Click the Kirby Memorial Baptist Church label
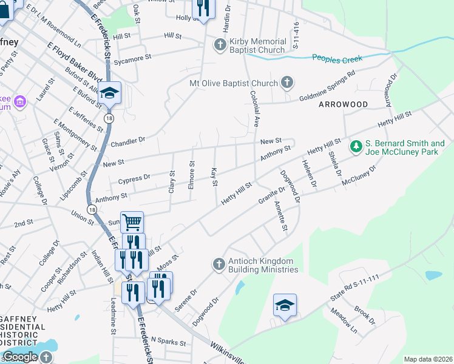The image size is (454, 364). click(257, 45)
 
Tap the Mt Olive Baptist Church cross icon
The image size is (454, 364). click(288, 83)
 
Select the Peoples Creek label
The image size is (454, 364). click(337, 58)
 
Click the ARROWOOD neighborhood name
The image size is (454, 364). click(343, 104)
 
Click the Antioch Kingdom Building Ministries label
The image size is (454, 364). click(263, 265)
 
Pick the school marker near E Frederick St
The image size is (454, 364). click(110, 93)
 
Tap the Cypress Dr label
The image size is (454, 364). click(134, 178)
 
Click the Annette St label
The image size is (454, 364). click(281, 216)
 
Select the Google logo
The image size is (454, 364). click(20, 357)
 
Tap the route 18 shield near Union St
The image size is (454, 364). click(92, 209)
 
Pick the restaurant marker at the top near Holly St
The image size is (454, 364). click(202, 8)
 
